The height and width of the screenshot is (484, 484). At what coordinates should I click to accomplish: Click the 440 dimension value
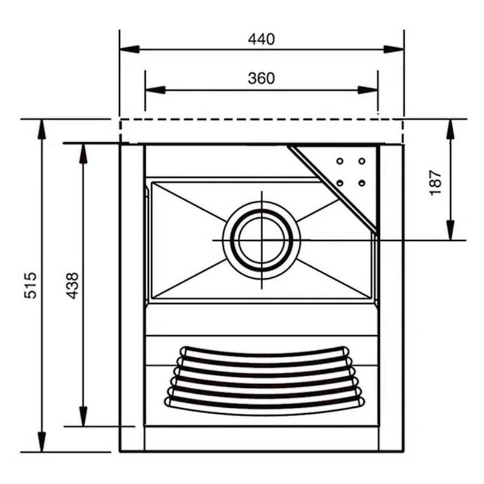(261, 39)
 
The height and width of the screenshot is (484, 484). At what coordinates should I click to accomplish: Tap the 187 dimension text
(436, 182)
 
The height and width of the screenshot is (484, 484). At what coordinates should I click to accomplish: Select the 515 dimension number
(31, 286)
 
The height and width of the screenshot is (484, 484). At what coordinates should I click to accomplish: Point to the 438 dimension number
(72, 286)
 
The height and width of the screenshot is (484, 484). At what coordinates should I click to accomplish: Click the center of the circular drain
(261, 240)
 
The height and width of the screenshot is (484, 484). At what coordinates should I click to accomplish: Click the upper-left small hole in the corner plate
(340, 161)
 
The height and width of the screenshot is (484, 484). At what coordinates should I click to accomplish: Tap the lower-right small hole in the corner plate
(362, 182)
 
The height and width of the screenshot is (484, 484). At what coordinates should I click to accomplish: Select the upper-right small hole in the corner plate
(362, 161)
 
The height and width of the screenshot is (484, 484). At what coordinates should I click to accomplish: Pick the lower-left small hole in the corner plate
(340, 182)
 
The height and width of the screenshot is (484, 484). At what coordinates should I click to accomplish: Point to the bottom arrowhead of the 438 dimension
(83, 417)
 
